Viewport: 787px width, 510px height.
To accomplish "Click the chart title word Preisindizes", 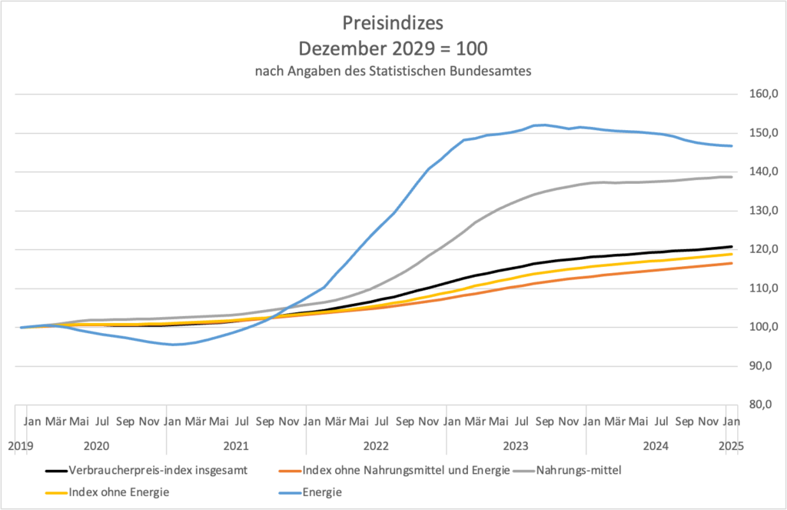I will click(393, 21).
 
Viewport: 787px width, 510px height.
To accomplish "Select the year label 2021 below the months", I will click(236, 446).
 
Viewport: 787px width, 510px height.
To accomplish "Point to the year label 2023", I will click(516, 446).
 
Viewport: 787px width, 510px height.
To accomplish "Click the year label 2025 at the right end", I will click(729, 446).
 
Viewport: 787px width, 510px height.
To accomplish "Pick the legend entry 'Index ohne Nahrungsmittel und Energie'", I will click(405, 471).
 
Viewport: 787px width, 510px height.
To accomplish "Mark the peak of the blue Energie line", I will click(543, 125).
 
